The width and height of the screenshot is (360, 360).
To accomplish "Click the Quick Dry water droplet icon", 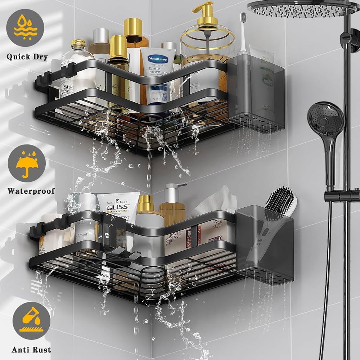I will tap(25, 27).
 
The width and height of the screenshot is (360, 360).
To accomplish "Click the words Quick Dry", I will tap(27, 57).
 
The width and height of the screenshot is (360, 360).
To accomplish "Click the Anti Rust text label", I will tap(31, 350).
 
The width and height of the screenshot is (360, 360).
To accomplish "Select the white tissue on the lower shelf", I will tap(216, 202).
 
